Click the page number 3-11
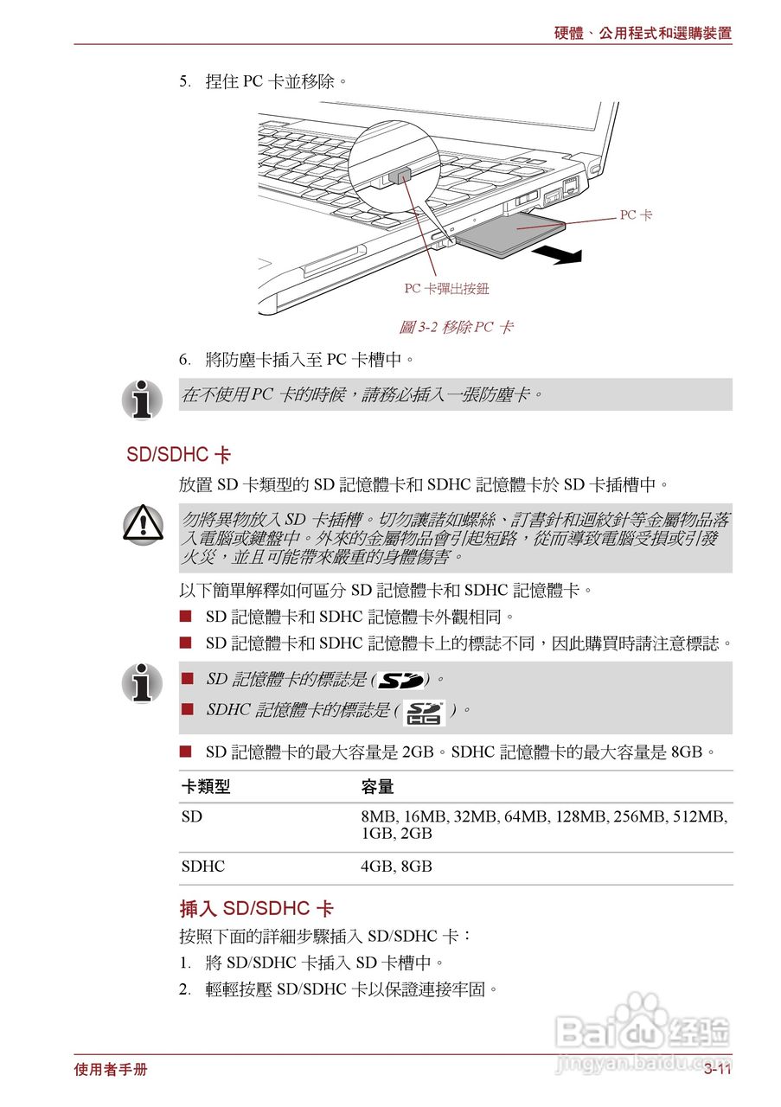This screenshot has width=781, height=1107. [717, 1070]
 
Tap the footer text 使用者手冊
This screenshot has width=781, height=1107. [111, 1070]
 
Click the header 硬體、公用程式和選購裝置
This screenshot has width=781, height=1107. [643, 34]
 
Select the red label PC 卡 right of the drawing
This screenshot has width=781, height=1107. [636, 214]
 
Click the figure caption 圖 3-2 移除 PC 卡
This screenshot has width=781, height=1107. [456, 327]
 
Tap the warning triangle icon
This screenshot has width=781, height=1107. [143, 523]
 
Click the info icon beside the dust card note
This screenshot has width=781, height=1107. [143, 399]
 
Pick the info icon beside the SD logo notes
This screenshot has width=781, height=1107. [143, 683]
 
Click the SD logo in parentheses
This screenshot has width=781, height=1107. [401, 681]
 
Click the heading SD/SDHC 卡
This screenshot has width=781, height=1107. [178, 455]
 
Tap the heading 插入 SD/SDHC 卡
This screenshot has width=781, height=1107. [256, 909]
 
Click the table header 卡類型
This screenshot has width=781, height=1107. [206, 787]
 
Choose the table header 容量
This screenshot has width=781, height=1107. [377, 787]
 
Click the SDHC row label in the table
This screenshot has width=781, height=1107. [202, 866]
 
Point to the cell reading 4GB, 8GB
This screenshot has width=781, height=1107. [396, 866]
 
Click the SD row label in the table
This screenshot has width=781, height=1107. [191, 816]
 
